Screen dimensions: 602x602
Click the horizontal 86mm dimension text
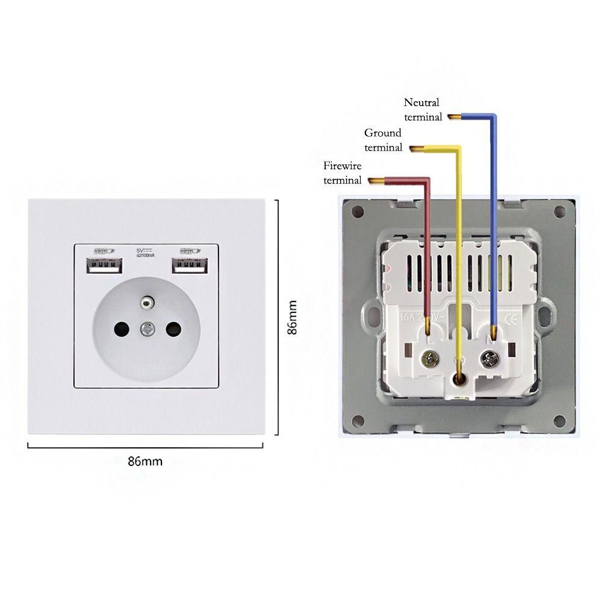pos(145,462)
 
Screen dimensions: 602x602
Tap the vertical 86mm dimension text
pos(291,317)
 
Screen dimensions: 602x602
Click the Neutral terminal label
pos(423,110)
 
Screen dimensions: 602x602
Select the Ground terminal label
pos(383,140)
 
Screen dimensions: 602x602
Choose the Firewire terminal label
pos(343,172)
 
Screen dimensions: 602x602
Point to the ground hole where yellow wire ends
pos(461,379)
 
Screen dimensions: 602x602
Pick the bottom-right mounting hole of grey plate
pos(560,420)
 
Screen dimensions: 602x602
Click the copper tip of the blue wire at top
pos(453,116)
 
